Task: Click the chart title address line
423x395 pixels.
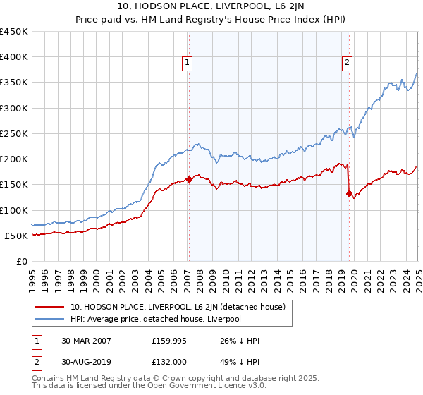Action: click(x=211, y=8)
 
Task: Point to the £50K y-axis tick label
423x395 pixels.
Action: click(x=16, y=236)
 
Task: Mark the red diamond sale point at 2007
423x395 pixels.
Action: click(x=189, y=179)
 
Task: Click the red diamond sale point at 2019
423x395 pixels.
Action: click(x=349, y=193)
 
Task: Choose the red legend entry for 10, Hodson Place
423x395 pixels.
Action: click(x=177, y=307)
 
